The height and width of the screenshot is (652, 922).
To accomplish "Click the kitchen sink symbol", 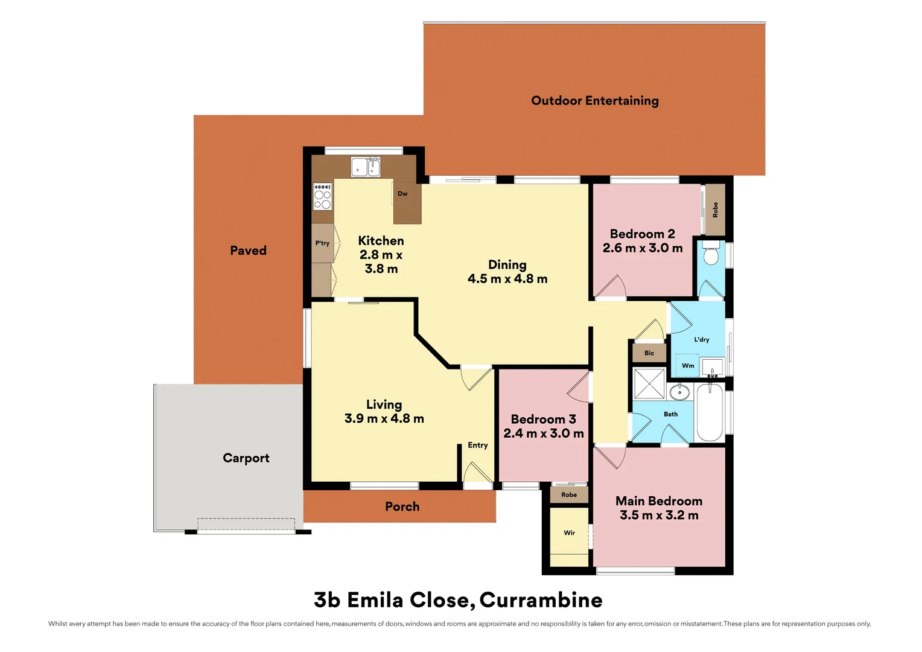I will tap(366, 167).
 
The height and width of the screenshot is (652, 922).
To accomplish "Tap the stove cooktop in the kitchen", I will tap(323, 197).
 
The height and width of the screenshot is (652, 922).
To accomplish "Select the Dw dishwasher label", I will tap(402, 194).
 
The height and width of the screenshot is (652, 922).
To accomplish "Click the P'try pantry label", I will tap(322, 243).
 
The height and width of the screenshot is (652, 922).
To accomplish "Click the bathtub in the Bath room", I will tap(710, 413).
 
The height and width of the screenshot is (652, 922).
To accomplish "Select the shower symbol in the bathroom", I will tap(649, 383).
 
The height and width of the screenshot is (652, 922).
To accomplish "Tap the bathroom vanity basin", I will tap(679, 392).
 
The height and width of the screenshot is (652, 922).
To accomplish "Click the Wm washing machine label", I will tap(688, 366).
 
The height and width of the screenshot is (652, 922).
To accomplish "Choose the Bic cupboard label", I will tap(649, 353).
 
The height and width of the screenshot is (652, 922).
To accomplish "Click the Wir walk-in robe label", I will tap(569, 533).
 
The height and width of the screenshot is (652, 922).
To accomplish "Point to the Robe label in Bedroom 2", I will tap(716, 210).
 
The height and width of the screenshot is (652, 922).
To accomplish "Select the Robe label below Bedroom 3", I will tap(569, 495).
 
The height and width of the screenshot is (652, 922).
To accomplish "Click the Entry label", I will tap(478, 446).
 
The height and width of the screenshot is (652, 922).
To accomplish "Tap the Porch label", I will tap(402, 507).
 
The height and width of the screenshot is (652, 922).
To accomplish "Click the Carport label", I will tap(246, 458).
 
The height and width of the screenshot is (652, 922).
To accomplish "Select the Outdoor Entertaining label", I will tap(595, 101).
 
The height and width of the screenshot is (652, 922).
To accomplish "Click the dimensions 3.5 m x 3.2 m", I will tap(659, 516).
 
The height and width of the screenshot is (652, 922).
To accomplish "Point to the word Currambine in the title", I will tap(541, 600).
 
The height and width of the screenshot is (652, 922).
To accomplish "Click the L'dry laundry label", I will tap(702, 340).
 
